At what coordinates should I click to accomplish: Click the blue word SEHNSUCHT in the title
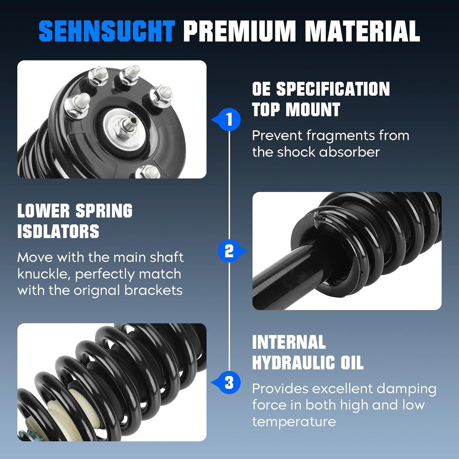point(107,31)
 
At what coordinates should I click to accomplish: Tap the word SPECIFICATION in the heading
point(333,89)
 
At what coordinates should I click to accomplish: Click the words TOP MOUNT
point(296,109)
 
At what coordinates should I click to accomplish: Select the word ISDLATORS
point(59,231)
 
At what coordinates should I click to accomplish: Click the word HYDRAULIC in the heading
point(294,363)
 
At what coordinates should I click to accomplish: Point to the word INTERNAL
point(289,342)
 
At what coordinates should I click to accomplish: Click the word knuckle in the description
point(43,274)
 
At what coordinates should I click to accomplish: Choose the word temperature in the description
point(294,422)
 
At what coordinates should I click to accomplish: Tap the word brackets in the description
point(153,290)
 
